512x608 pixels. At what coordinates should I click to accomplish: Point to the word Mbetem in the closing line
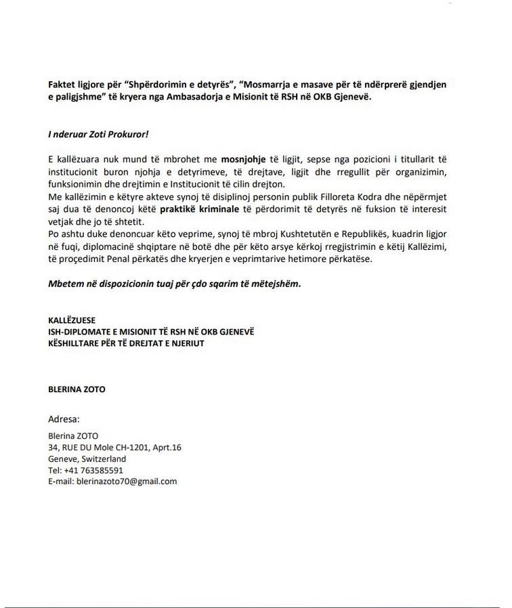click(64, 284)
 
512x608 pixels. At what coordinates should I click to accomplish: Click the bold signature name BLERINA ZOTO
click(77, 389)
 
